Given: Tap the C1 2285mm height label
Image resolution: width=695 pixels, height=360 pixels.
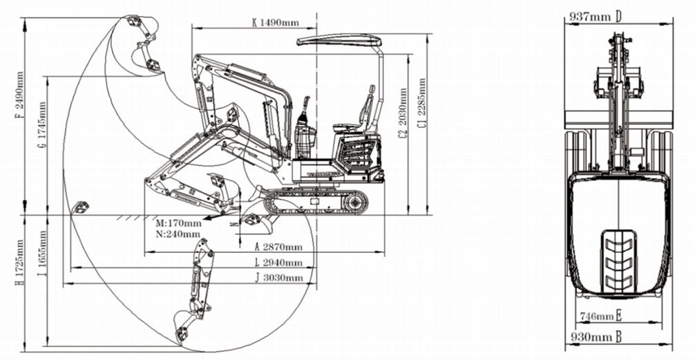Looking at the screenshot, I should [422, 104].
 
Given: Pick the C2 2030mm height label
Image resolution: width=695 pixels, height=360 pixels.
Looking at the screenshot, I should [402, 114].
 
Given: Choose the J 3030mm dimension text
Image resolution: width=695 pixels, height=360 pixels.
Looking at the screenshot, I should [279, 278].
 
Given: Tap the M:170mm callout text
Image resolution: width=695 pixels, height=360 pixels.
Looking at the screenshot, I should [178, 223].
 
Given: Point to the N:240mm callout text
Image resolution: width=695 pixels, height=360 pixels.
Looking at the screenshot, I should [178, 234].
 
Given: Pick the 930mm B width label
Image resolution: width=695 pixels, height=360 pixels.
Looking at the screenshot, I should [597, 337].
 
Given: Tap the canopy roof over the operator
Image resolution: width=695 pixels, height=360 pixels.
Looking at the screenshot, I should [339, 41].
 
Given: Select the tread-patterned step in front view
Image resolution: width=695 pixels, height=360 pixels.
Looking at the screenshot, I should [618, 260].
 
